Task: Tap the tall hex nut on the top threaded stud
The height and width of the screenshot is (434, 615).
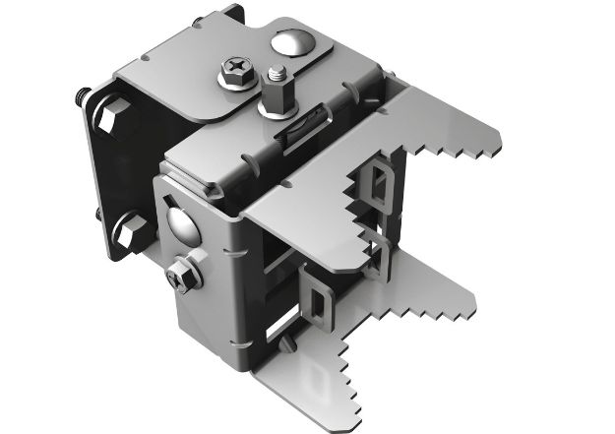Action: [x=275, y=95]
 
